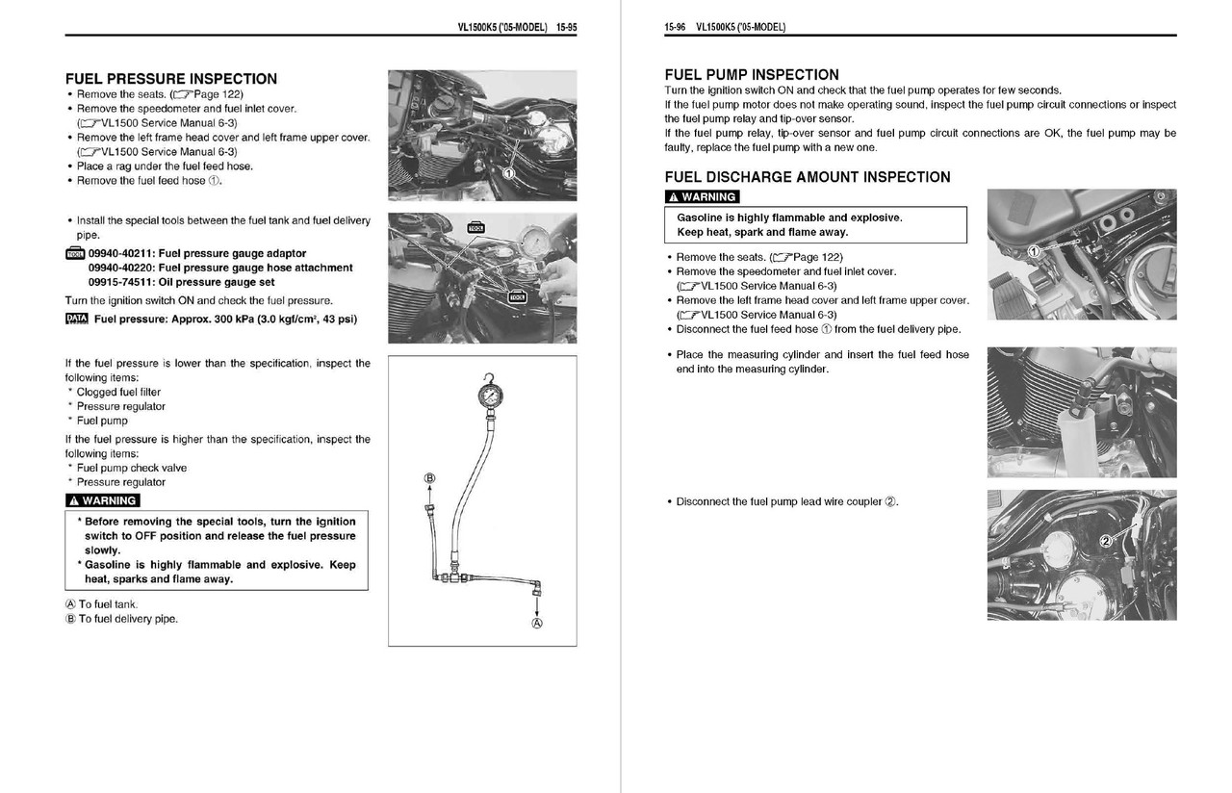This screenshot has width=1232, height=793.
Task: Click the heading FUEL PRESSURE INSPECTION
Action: pos(170,79)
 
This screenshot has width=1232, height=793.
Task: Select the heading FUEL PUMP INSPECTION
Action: pos(752,74)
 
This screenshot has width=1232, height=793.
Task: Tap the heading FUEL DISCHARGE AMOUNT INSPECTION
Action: pos(807,177)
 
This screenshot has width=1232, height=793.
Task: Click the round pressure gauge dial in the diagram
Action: pos(491,396)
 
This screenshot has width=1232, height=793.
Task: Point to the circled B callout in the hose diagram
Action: pos(429,478)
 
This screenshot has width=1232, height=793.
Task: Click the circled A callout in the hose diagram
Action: pos(536,623)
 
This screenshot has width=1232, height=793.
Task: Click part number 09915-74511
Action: pos(122,282)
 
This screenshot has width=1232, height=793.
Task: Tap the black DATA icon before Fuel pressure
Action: pos(76,319)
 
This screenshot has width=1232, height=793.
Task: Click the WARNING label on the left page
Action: pos(103,500)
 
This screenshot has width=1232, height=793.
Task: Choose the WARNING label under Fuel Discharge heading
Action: pos(702,197)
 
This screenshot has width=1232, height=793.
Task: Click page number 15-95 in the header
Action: pos(566,27)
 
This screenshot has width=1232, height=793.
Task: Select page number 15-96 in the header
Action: pos(675,27)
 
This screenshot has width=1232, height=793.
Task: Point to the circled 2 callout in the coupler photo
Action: pos(1106,541)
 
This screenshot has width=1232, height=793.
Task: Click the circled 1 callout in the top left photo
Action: pos(508,172)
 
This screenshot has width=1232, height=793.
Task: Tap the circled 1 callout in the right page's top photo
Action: pos(1034,251)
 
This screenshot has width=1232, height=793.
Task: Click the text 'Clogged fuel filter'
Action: pos(118,392)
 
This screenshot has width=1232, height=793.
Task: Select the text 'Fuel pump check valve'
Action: pos(132,468)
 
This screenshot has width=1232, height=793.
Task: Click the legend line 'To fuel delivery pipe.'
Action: pos(128,619)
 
